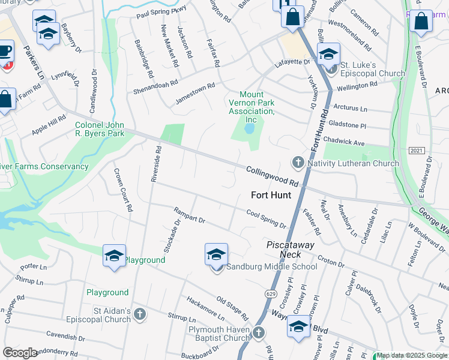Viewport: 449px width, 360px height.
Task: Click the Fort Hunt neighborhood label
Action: click(271, 195)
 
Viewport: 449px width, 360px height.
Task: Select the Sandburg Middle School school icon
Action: click(216, 255)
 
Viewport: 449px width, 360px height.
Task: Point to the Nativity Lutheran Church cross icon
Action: click(298, 163)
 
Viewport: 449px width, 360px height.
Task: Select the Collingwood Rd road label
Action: click(273, 176)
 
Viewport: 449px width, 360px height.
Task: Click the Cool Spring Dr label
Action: click(266, 218)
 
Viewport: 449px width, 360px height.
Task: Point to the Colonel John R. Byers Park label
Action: click(100, 129)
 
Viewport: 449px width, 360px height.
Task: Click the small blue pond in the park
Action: click(250, 129)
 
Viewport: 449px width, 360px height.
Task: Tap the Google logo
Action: click(20, 353)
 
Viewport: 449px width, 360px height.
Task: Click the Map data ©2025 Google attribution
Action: click(412, 355)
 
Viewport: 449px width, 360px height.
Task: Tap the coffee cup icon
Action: click(5, 52)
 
